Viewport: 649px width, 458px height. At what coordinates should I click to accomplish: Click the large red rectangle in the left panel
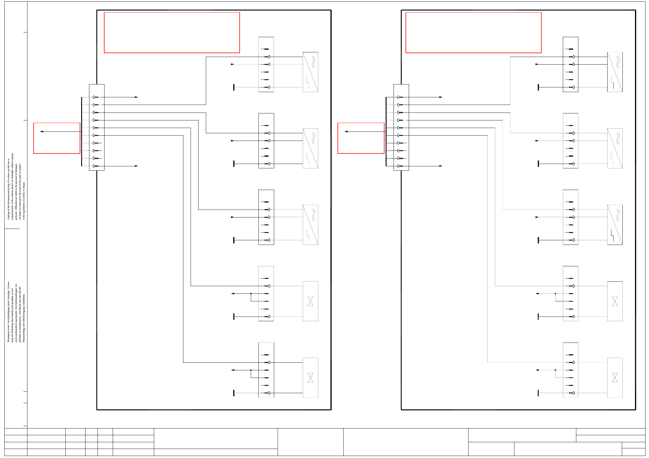(x=172, y=32)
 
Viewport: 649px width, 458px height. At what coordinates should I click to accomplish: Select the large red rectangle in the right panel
(x=473, y=32)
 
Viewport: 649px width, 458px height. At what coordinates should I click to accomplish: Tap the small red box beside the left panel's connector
(x=57, y=138)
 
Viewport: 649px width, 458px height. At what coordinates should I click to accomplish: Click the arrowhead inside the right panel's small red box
(x=346, y=132)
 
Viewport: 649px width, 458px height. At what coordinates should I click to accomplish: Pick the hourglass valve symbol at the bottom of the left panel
(x=310, y=378)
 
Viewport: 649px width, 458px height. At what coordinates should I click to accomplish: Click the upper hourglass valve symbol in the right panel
(x=615, y=301)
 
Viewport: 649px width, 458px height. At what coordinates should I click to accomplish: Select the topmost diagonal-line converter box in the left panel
(x=310, y=72)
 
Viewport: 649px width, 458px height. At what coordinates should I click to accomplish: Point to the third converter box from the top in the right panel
(x=615, y=225)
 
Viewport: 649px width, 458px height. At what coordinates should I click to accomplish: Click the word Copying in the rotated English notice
(x=8, y=215)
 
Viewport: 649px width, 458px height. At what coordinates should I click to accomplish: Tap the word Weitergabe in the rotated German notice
(x=8, y=336)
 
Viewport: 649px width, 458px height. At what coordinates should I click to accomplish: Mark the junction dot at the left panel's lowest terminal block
(x=251, y=370)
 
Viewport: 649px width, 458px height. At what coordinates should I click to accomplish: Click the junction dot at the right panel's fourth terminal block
(x=555, y=293)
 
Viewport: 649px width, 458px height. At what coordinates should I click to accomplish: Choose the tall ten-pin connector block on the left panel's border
(x=97, y=127)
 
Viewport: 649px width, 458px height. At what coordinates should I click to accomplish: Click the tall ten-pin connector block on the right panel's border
(x=401, y=127)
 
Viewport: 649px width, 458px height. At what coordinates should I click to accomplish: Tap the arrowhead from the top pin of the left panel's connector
(x=136, y=97)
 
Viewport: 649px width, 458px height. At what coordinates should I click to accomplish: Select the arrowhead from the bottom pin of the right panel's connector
(x=441, y=166)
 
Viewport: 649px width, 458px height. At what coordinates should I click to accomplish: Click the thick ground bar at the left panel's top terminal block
(x=234, y=87)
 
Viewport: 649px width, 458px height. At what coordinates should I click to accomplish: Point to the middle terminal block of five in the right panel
(x=570, y=217)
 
